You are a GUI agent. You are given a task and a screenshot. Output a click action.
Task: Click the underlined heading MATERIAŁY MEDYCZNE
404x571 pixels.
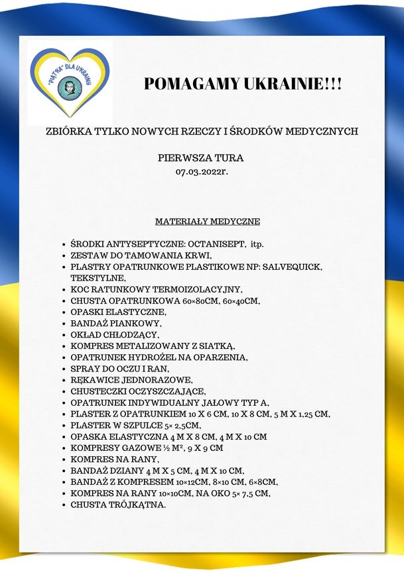(208, 221)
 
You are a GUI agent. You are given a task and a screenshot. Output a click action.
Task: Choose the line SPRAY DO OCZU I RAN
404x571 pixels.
(120, 369)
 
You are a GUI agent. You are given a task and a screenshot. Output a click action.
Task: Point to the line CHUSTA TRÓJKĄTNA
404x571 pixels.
(118, 505)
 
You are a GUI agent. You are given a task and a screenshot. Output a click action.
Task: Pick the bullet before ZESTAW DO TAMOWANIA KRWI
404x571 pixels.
(62, 255)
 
